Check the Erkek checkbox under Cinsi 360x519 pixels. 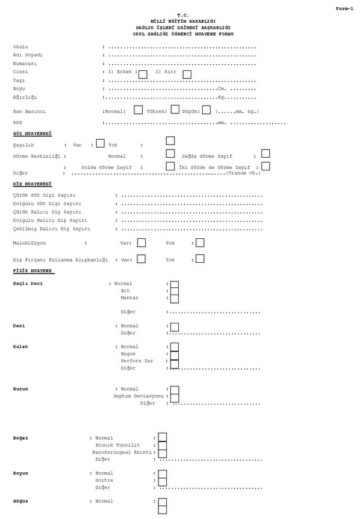pyautogui.click(x=143, y=74)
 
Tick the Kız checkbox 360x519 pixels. pyautogui.click(x=187, y=74)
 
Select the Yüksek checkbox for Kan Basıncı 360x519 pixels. pyautogui.click(x=175, y=109)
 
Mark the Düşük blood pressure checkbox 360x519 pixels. pyautogui.click(x=206, y=110)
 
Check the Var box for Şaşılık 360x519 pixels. pyautogui.click(x=100, y=143)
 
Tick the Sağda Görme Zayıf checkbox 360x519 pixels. pyautogui.click(x=265, y=154)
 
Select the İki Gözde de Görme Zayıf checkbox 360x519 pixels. pyautogui.click(x=265, y=166)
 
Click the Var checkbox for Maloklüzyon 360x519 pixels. pyautogui.click(x=142, y=243)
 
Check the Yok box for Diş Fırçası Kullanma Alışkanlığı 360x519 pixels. pyautogui.click(x=200, y=259)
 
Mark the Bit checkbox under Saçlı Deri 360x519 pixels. pyautogui.click(x=175, y=291)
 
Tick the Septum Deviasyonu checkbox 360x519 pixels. pyautogui.click(x=175, y=397)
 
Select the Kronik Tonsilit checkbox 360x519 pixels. pyautogui.click(x=163, y=445)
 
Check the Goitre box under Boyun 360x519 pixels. pyautogui.click(x=163, y=481)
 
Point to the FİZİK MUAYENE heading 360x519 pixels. pyautogui.click(x=34, y=271)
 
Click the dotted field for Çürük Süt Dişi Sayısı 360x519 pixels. pyautogui.click(x=192, y=196)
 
